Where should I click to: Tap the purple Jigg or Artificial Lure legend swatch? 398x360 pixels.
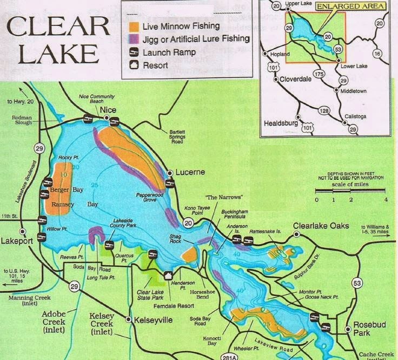tap(134, 39)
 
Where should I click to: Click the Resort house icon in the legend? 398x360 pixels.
tap(134, 66)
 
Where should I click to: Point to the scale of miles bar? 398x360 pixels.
tap(350, 191)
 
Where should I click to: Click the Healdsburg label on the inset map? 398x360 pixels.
tap(281, 123)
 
